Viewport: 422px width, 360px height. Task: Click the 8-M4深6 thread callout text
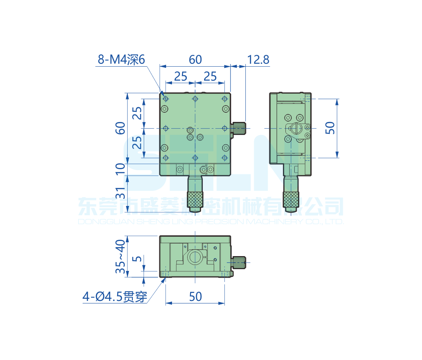click(x=121, y=60)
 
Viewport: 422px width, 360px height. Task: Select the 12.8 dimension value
click(x=258, y=60)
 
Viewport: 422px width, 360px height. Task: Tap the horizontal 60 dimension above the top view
click(x=195, y=60)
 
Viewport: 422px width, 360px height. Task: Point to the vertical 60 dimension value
click(x=121, y=127)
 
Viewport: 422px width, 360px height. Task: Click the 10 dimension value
click(x=121, y=169)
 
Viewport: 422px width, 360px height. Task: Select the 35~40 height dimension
click(x=121, y=256)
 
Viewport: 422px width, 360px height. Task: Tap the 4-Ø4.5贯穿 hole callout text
click(x=115, y=297)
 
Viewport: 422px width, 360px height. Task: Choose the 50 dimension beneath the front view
click(x=195, y=297)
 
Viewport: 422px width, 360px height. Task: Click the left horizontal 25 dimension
click(x=180, y=76)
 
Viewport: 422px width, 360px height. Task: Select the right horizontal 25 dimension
click(x=210, y=76)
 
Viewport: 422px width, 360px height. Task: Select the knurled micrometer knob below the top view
click(x=195, y=198)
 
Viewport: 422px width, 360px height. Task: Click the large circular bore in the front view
click(x=195, y=257)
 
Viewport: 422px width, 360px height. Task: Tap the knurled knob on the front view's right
click(x=239, y=263)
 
